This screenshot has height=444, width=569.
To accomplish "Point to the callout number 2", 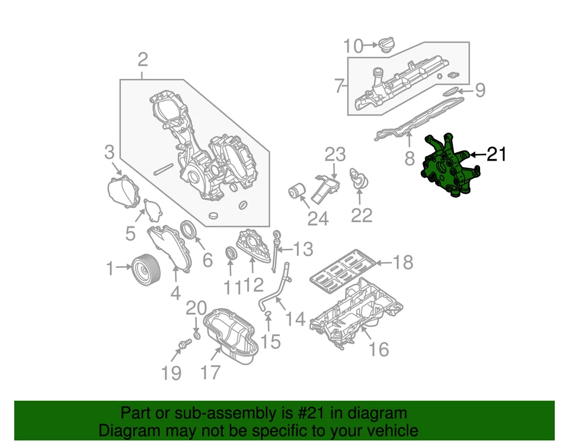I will [x=142, y=60].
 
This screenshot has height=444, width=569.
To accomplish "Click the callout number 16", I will [x=379, y=349].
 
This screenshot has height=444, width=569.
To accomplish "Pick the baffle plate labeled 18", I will [x=343, y=269].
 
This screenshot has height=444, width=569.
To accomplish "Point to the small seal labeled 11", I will [x=231, y=254].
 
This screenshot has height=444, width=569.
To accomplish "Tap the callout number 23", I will [x=334, y=156].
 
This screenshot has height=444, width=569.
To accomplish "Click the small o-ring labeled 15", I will [x=267, y=312].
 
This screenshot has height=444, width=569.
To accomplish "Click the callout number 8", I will [x=409, y=158].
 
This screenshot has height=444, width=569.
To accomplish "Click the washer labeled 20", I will [x=197, y=336].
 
